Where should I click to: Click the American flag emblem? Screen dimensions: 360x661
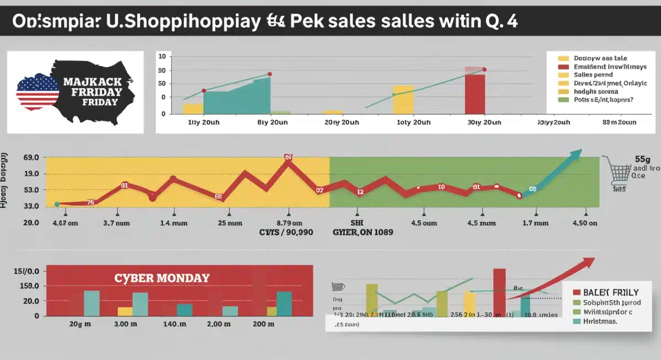[x=37, y=91]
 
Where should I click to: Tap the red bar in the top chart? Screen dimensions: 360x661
[x=475, y=94]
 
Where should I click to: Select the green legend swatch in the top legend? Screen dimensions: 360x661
[x=563, y=100]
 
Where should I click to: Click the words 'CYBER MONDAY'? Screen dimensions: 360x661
[x=161, y=278]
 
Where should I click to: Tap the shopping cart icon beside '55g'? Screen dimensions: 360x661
[x=620, y=170]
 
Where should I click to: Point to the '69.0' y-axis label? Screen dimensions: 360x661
[x=17, y=158]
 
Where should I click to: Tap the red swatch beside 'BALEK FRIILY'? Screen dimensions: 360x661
[x=577, y=292]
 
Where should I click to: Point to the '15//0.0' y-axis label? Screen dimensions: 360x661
[x=25, y=271]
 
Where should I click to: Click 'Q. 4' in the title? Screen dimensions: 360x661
[x=498, y=22]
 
